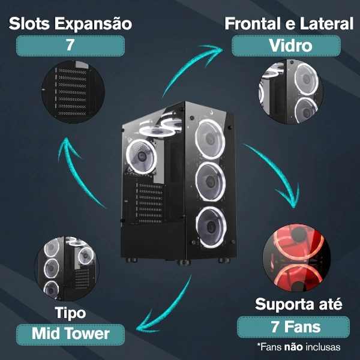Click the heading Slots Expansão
tap(70, 23)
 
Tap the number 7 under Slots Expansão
tap(70, 45)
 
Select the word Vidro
tap(290, 46)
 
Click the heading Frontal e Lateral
tap(289, 23)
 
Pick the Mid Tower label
tap(70, 334)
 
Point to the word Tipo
tap(70, 313)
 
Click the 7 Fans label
tap(296, 327)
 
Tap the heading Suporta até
tap(298, 304)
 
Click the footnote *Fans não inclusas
tap(299, 347)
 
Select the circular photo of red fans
tap(296, 257)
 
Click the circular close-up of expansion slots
tap(73, 92)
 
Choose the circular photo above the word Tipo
tap(67, 269)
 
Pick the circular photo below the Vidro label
tap(290, 92)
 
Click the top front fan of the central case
tap(210, 139)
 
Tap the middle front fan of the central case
tap(211, 182)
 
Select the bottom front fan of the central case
tap(211, 227)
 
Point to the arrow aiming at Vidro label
tap(188, 67)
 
